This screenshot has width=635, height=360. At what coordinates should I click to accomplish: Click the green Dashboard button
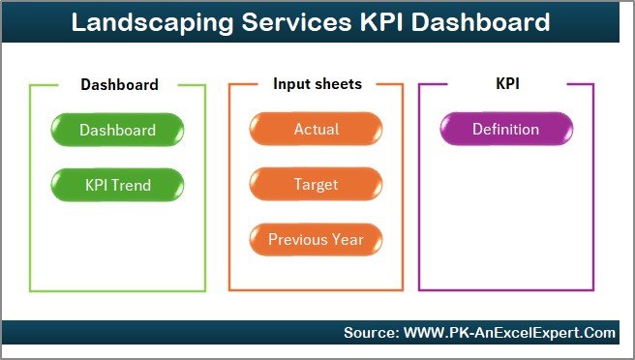pos(117,130)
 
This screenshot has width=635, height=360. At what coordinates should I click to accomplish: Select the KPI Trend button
pos(117,184)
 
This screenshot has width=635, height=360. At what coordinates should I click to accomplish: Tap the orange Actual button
pos(316,130)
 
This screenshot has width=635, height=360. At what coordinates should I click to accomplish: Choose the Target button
pos(316,184)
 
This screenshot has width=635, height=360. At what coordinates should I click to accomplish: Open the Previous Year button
pos(316,239)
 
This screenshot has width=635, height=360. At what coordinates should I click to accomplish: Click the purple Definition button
pos(505,130)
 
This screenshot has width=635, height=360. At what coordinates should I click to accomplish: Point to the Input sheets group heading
pos(317,84)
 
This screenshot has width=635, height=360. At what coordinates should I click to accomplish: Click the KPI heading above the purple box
pos(506,84)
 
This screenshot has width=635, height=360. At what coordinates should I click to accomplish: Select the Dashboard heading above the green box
pos(119,84)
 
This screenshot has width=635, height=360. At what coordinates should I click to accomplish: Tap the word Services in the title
pos(287,22)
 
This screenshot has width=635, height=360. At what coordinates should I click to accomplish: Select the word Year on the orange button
pos(346,239)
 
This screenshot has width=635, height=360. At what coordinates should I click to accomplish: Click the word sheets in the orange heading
pos(336,84)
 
